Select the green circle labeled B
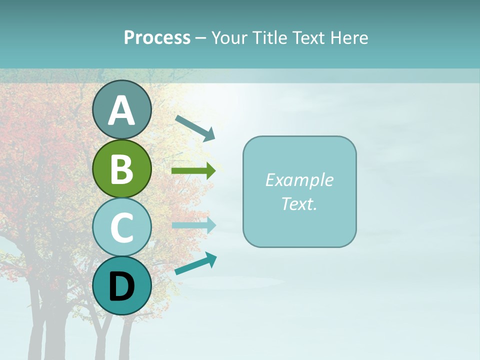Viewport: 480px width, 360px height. pyautogui.click(x=122, y=169)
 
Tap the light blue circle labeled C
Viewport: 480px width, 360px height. pyautogui.click(x=122, y=227)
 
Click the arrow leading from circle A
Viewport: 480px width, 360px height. pyautogui.click(x=195, y=127)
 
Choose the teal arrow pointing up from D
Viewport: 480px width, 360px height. pyautogui.click(x=195, y=264)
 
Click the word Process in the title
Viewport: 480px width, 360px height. pyautogui.click(x=157, y=38)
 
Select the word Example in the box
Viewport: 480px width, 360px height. pyautogui.click(x=299, y=180)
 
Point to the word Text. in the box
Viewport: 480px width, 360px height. pyautogui.click(x=299, y=203)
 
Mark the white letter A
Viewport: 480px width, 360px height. pyautogui.click(x=122, y=110)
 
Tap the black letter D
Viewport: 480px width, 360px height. pyautogui.click(x=122, y=287)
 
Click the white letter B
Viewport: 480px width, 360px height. pyautogui.click(x=122, y=169)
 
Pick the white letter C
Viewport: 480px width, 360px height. pyautogui.click(x=122, y=227)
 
